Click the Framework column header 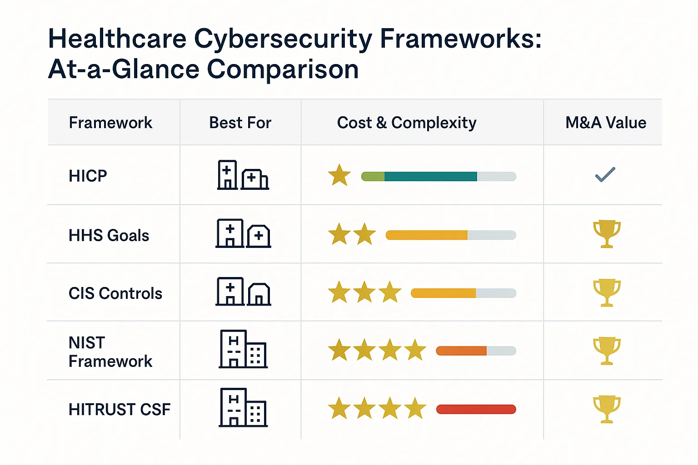tap(110, 123)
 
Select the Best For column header tap(240, 123)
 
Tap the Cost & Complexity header tap(407, 123)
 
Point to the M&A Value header tap(606, 123)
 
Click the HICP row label tap(88, 176)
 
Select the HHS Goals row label tap(109, 235)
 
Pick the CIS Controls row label tap(115, 293)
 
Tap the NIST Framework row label tap(110, 352)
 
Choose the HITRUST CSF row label tap(119, 410)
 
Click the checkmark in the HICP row tap(605, 175)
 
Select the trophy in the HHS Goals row tap(607, 234)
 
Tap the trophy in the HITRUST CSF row tap(607, 409)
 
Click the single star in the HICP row tap(339, 175)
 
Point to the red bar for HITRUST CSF tap(476, 409)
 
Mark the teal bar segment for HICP tap(430, 176)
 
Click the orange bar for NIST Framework tap(461, 351)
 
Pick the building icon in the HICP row tap(243, 175)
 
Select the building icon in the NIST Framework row tap(243, 349)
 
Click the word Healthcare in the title tap(117, 39)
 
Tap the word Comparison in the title tap(283, 69)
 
